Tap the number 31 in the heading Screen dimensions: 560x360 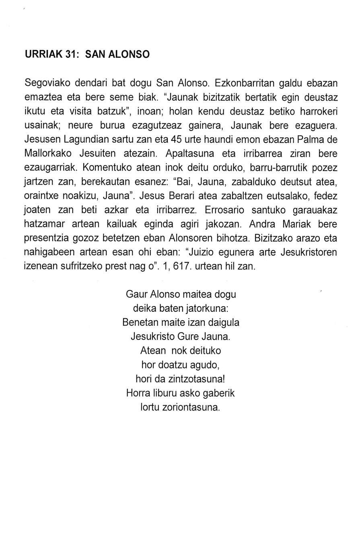71,54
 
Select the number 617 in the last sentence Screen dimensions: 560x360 181,266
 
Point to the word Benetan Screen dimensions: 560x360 140,322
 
